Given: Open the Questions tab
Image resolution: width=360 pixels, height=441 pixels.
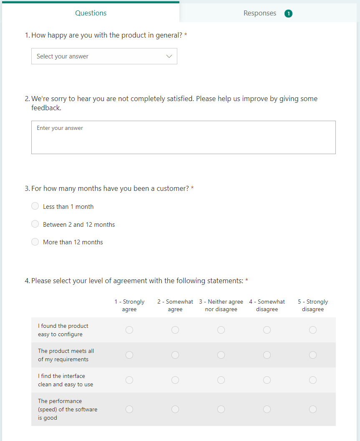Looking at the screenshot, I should [x=91, y=13].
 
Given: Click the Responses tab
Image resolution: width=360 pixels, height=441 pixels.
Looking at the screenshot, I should [x=260, y=13].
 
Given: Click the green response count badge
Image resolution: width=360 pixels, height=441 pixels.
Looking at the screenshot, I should [x=288, y=13].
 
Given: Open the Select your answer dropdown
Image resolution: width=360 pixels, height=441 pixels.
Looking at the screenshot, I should [x=104, y=56].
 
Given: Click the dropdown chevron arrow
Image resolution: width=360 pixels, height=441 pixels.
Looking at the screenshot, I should [x=169, y=56].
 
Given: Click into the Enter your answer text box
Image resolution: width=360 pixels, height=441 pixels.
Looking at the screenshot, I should [x=183, y=137].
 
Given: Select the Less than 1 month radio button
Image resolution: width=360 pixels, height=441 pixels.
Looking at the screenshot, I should [x=35, y=206].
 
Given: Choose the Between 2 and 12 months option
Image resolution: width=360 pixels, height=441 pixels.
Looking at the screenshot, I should [x=35, y=224].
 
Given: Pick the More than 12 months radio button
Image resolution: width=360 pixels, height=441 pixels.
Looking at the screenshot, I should [x=35, y=242].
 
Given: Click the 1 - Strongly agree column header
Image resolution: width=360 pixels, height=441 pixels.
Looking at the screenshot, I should [x=129, y=305].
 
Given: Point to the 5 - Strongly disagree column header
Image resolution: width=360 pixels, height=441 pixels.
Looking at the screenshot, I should [x=313, y=305].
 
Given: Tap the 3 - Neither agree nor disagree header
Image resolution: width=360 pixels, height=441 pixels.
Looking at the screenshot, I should [x=221, y=305].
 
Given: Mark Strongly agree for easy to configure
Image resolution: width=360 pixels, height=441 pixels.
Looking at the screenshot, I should [x=129, y=330].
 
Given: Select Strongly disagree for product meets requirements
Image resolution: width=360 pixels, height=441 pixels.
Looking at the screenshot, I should [x=313, y=355].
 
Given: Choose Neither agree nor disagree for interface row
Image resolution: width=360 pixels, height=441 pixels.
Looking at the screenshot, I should [x=221, y=380].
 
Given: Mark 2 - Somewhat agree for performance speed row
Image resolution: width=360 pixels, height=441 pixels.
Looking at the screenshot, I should [x=175, y=409].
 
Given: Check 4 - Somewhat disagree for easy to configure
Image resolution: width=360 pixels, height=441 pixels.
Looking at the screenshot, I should [x=267, y=330].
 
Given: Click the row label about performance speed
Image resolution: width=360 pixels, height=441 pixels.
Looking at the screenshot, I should [x=67, y=409].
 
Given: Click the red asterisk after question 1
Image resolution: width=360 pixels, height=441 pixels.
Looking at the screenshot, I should [x=186, y=35].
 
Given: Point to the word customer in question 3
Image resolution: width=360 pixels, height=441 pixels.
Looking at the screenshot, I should [x=173, y=188].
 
